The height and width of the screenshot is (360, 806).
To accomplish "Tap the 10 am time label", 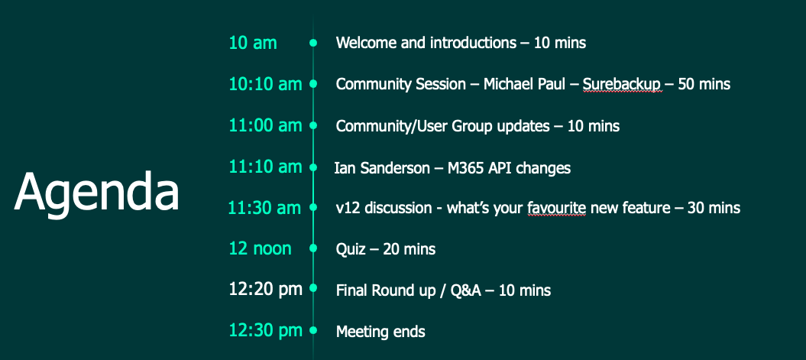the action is (253, 43).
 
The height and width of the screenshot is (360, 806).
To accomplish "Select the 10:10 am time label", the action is (265, 84).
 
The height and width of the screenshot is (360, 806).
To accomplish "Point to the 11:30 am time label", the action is (265, 208).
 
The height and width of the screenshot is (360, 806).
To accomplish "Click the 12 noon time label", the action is (260, 249).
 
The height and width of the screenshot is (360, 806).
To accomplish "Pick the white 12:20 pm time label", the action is (266, 290).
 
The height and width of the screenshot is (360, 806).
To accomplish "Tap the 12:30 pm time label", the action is (266, 331).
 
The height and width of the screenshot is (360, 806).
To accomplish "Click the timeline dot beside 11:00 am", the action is (313, 125).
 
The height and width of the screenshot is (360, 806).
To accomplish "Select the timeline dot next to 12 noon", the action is (313, 249).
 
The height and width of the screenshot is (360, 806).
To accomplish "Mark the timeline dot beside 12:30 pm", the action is (313, 331).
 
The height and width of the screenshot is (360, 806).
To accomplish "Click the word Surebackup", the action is (621, 84).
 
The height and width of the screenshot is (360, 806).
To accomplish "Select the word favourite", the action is (557, 208).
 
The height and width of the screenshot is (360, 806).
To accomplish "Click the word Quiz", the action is (351, 249).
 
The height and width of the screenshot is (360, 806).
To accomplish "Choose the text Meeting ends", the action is (380, 332).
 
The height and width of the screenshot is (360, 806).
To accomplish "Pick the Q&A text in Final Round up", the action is (466, 290).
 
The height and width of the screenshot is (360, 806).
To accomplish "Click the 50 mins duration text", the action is (704, 84).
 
